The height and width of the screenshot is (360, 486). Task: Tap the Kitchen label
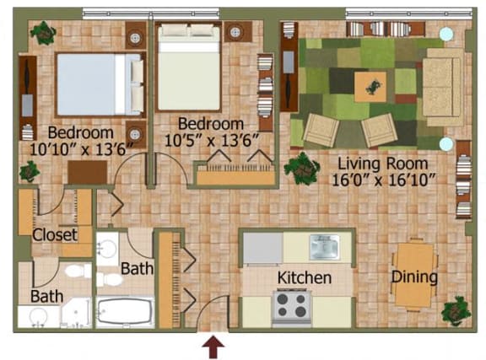tap(304, 277)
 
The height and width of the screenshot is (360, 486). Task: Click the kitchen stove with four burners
tap(292, 304)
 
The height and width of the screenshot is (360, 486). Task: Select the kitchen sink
tap(323, 246)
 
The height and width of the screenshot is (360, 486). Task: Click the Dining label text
tap(413, 277)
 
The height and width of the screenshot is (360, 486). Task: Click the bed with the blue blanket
tap(98, 83)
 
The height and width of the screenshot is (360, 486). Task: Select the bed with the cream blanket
tap(189, 67)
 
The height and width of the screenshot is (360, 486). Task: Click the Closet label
tap(55, 234)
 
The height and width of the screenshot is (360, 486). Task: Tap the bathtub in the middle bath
tap(125, 312)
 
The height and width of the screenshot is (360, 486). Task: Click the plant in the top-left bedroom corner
tap(42, 34)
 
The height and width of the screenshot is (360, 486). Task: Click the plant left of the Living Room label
tap(300, 167)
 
